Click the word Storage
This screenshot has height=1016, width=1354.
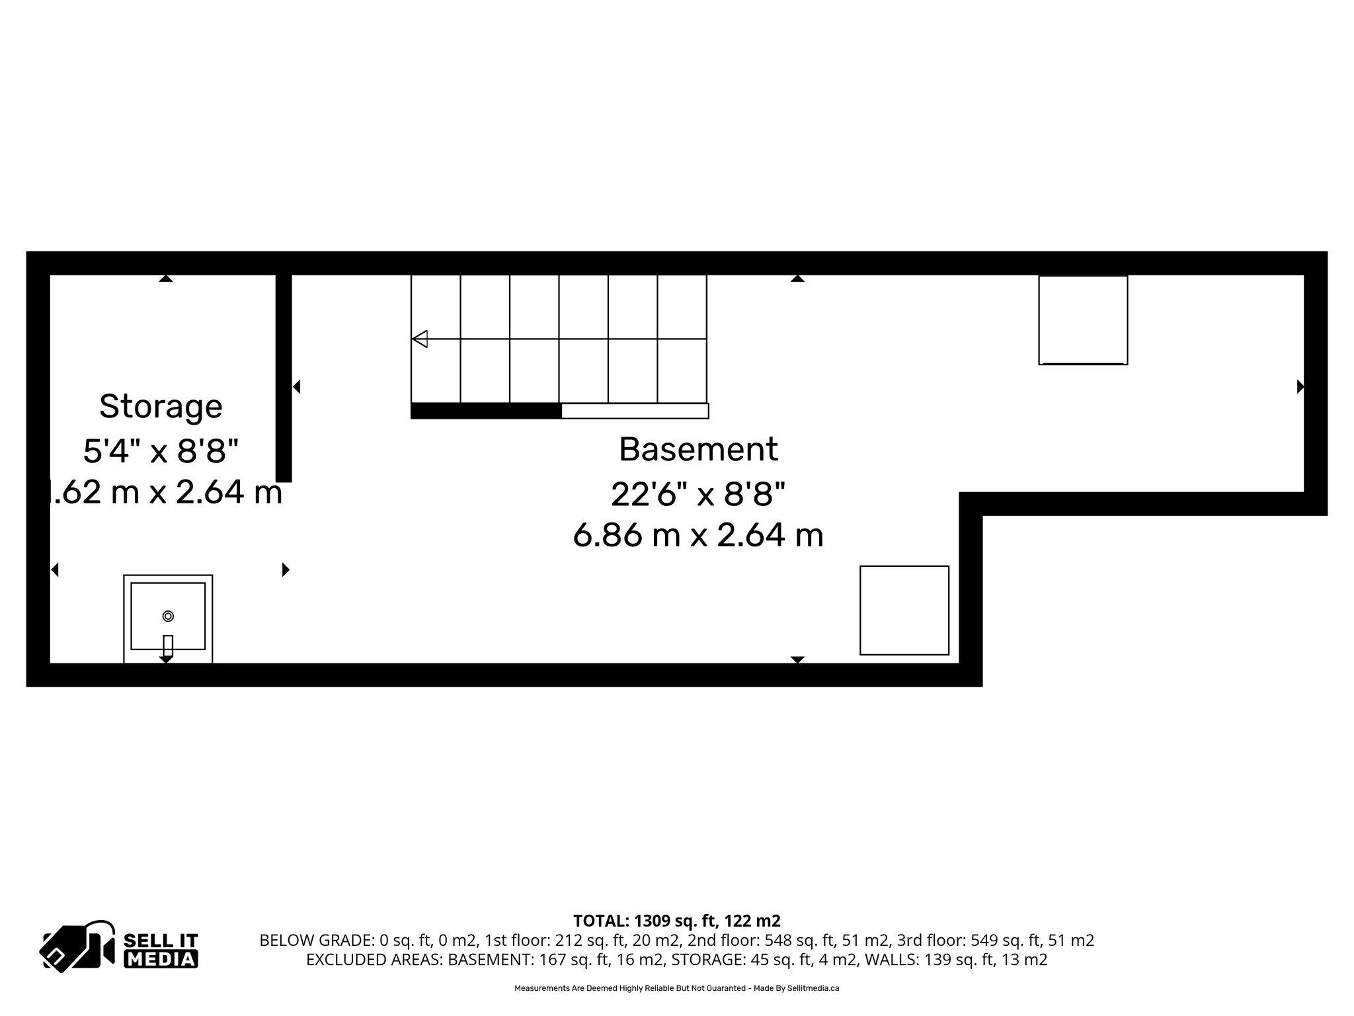tap(161, 406)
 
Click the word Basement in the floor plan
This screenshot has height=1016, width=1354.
tap(698, 450)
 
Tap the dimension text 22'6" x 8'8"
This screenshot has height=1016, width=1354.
tap(698, 493)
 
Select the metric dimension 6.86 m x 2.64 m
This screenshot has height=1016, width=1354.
tap(698, 535)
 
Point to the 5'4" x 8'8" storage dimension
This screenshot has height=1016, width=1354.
tap(161, 451)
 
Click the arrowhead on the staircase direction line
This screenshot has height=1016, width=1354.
tap(420, 339)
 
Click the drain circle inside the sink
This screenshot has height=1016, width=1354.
tap(168, 616)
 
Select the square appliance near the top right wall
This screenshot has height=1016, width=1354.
tap(1082, 320)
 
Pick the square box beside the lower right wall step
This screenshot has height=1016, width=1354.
tap(904, 610)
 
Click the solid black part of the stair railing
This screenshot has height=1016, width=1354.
tap(486, 411)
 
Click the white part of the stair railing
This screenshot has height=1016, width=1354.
tap(635, 411)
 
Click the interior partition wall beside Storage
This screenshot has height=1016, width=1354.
tap(284, 377)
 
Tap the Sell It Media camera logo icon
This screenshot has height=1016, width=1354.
tap(78, 946)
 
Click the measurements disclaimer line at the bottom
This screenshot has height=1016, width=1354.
tap(676, 988)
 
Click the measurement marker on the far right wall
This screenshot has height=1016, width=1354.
tap(1300, 386)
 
